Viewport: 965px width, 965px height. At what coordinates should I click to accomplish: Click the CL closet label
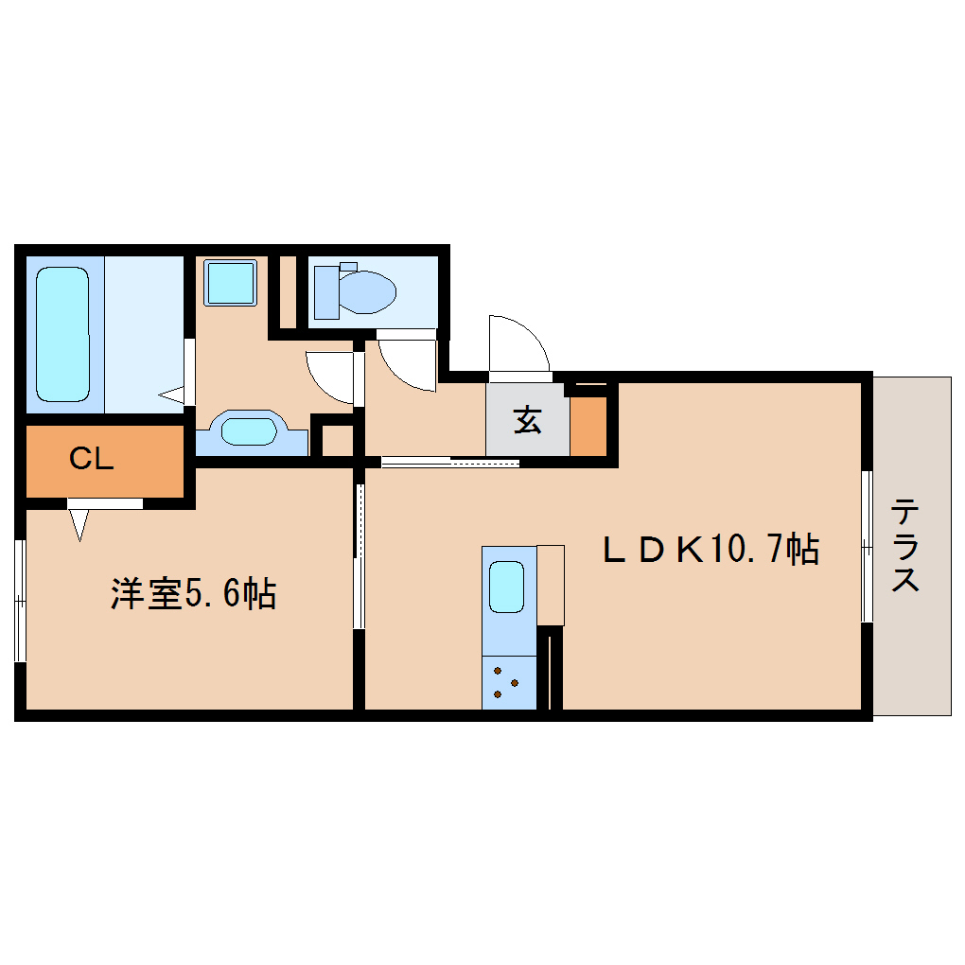click(x=92, y=459)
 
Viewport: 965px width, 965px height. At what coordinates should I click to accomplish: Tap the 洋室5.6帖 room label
click(x=193, y=593)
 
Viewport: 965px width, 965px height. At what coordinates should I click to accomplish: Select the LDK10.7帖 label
click(x=711, y=549)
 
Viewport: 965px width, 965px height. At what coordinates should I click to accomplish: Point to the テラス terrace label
click(x=906, y=546)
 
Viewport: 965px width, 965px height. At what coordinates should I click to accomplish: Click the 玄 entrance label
click(x=527, y=420)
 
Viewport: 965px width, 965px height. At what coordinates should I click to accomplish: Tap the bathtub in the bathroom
click(x=62, y=333)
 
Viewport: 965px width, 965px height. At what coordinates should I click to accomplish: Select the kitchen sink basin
click(x=507, y=587)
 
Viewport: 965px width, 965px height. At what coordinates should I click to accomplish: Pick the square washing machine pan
click(x=232, y=282)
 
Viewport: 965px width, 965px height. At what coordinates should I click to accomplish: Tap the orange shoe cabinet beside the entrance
click(x=588, y=426)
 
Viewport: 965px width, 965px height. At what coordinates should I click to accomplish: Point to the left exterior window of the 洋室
click(x=20, y=600)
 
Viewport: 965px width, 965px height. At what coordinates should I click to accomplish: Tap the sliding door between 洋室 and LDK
click(x=359, y=556)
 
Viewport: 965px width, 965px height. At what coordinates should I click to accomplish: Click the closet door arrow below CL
click(x=79, y=523)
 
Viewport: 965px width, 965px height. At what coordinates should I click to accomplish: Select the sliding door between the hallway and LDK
click(x=450, y=463)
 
